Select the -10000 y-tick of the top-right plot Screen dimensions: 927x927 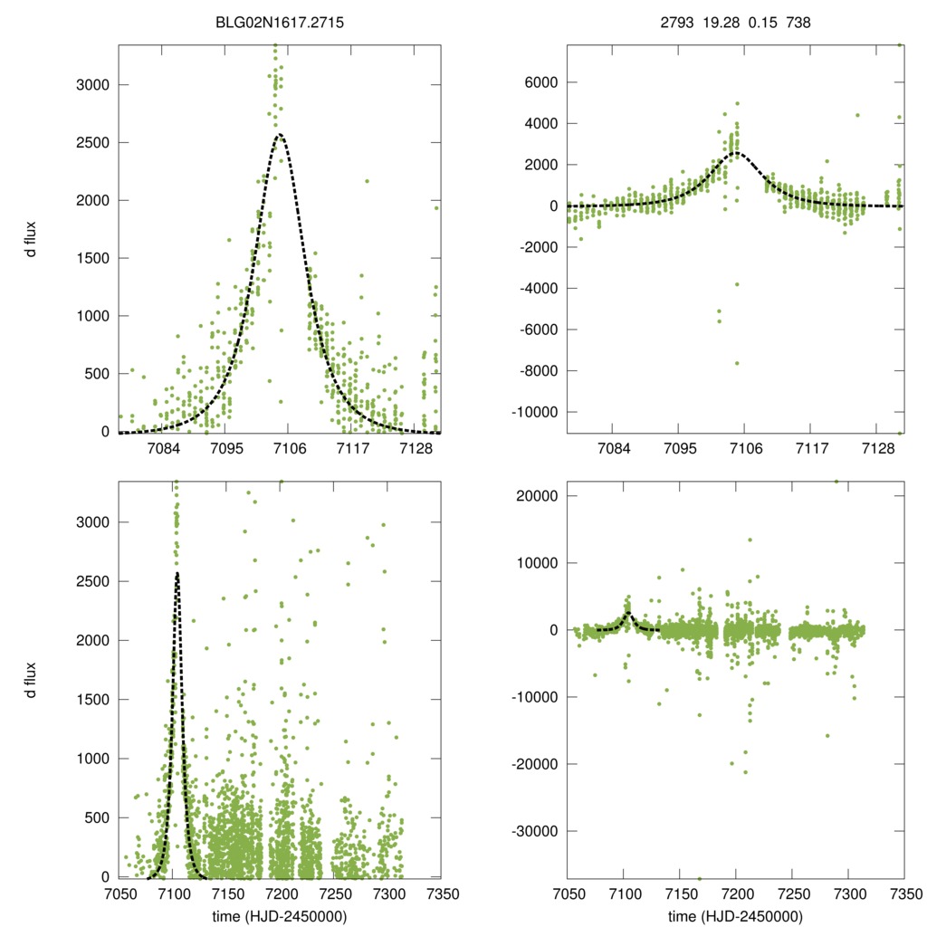[x=533, y=413]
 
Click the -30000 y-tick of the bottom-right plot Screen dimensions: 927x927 [x=533, y=831]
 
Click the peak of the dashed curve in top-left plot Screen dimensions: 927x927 [x=280, y=135]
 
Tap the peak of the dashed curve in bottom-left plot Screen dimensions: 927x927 [x=177, y=573]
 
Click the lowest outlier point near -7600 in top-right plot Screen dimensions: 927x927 [x=737, y=363]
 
